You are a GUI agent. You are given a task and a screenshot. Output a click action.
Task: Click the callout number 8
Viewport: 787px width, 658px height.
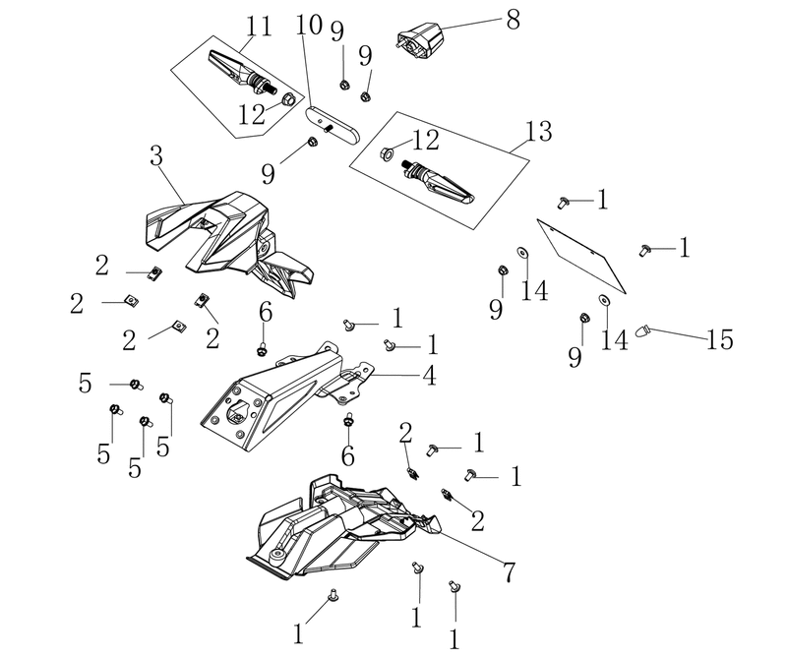[x=513, y=20]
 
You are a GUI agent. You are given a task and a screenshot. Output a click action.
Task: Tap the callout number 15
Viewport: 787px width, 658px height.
[x=720, y=339]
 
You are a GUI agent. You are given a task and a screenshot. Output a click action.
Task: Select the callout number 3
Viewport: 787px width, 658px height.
[x=156, y=156]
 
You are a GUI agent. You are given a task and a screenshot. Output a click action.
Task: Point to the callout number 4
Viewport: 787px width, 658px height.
[x=429, y=376]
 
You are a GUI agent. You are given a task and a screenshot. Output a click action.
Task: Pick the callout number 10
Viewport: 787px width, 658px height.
[x=309, y=25]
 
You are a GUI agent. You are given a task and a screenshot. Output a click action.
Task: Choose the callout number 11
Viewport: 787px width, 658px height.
[x=259, y=27]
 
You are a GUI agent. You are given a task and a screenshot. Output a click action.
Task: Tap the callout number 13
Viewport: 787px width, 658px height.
[x=538, y=131]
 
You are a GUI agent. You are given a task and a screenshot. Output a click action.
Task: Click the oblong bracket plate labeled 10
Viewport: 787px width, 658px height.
[x=333, y=125]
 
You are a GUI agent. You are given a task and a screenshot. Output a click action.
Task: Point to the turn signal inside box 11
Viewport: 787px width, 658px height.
[x=242, y=74]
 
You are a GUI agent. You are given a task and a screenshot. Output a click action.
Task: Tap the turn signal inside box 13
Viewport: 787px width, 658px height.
[x=437, y=181]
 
